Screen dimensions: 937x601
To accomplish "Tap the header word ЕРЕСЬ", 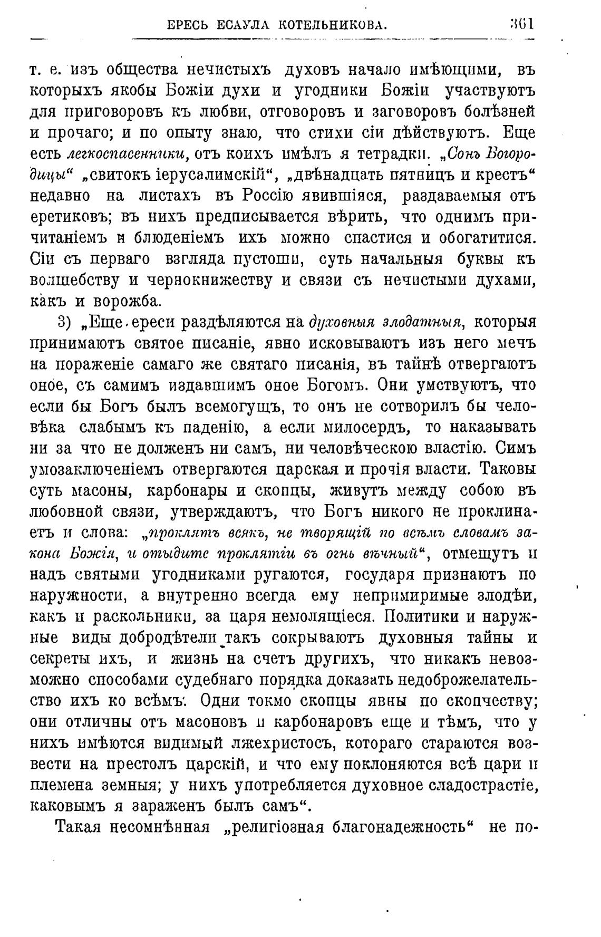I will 187,24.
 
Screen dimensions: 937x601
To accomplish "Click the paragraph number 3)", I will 63,322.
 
